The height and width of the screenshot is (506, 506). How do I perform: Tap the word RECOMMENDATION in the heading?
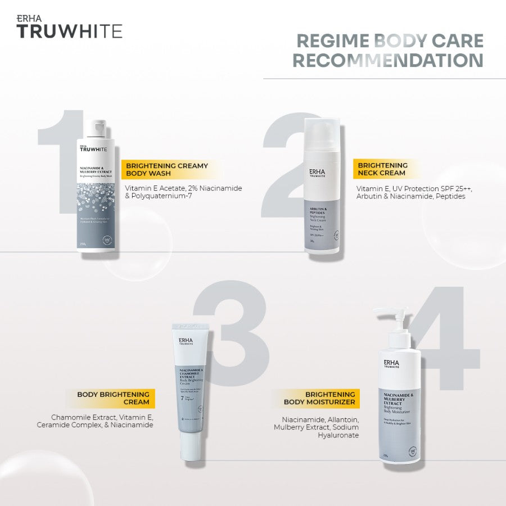click(388, 60)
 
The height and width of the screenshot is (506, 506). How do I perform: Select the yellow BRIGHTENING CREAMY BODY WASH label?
click(167, 170)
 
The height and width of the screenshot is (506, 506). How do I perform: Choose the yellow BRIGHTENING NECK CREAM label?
click(382, 169)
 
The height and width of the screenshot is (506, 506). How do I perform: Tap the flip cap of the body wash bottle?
click(100, 129)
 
